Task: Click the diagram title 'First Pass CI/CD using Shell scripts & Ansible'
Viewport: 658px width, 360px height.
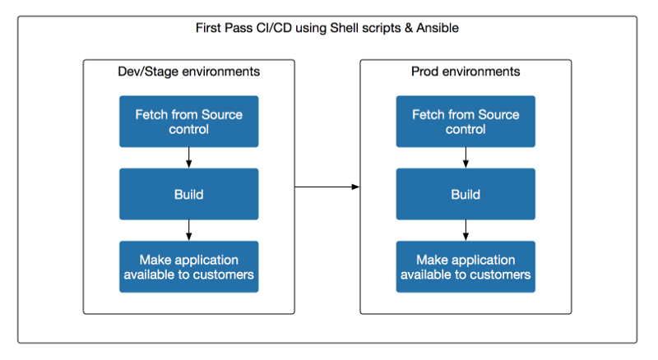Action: click(327, 28)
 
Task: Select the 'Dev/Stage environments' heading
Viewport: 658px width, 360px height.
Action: click(189, 72)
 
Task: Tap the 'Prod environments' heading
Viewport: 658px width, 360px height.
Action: click(466, 72)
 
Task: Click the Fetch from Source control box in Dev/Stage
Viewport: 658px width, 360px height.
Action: click(189, 122)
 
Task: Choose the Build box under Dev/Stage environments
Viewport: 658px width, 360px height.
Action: click(189, 194)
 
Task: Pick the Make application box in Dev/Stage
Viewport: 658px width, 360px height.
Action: click(189, 266)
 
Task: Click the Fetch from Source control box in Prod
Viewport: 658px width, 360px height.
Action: click(466, 122)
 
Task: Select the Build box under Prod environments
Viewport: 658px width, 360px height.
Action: click(466, 194)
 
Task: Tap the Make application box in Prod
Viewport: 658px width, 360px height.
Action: click(466, 266)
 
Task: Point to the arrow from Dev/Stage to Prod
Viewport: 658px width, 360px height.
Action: click(327, 187)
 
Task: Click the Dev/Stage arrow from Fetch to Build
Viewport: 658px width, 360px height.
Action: click(189, 158)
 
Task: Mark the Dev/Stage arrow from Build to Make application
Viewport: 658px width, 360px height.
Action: click(189, 230)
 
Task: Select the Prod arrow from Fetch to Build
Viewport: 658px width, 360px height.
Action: click(466, 158)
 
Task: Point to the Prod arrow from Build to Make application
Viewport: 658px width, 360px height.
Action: click(466, 230)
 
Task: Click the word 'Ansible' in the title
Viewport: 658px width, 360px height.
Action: click(438, 28)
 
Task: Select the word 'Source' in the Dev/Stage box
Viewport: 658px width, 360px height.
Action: click(221, 114)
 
